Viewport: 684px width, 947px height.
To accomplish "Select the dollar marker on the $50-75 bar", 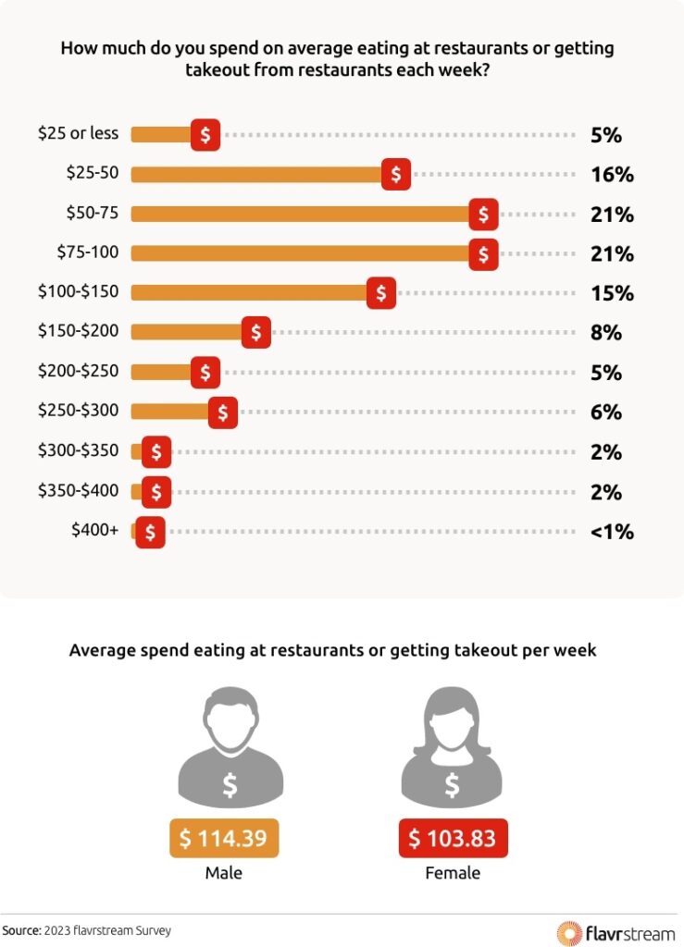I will point(483,214).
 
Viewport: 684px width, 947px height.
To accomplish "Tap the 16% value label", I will point(611,175).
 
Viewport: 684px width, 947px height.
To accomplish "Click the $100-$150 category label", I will point(78,291).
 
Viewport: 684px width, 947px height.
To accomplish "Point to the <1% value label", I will point(611,532).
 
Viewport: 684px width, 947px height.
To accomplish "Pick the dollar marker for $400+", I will point(150,533).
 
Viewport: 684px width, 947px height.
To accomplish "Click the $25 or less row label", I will point(78,133).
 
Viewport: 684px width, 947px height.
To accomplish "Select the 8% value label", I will point(605,333).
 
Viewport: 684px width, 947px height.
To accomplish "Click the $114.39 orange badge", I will point(223,839).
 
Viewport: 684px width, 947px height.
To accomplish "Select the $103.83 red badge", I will point(453,839).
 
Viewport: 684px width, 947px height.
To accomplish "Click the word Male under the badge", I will point(223,873).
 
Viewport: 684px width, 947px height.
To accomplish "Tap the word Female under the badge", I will point(453,873).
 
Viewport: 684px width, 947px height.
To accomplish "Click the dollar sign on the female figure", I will point(453,785).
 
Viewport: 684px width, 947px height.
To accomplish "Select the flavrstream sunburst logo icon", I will point(568,931).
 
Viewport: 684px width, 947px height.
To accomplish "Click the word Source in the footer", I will point(20,930).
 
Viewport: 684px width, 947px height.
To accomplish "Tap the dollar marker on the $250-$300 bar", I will point(222,412).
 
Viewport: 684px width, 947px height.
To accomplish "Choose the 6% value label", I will point(605,412).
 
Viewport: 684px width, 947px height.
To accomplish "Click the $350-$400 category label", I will point(78,490).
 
